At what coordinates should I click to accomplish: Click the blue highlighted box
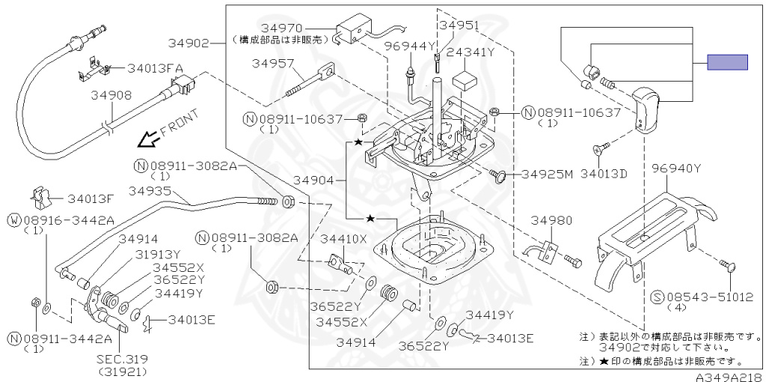point(727,62)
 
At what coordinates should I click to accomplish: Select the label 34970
point(281,28)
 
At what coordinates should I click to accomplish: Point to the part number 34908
point(111,95)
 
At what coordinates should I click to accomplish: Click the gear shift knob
point(646,109)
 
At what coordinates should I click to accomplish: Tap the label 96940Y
point(676,169)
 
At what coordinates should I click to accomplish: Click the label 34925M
point(547,174)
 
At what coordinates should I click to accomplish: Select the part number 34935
point(150,190)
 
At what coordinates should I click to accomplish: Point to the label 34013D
point(604,173)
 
